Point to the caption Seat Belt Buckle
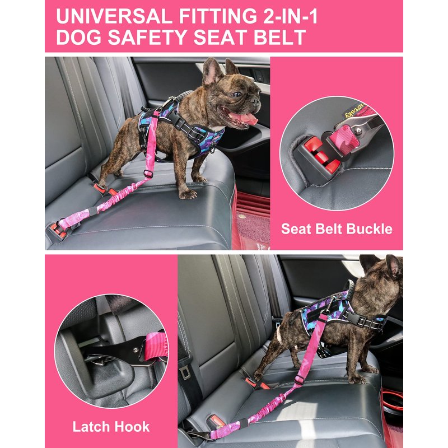pos(337,229)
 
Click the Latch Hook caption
pos(111,427)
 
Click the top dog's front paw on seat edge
pos(188,194)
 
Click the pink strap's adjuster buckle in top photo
pos(148,173)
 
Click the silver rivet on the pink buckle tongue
pos(358,131)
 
